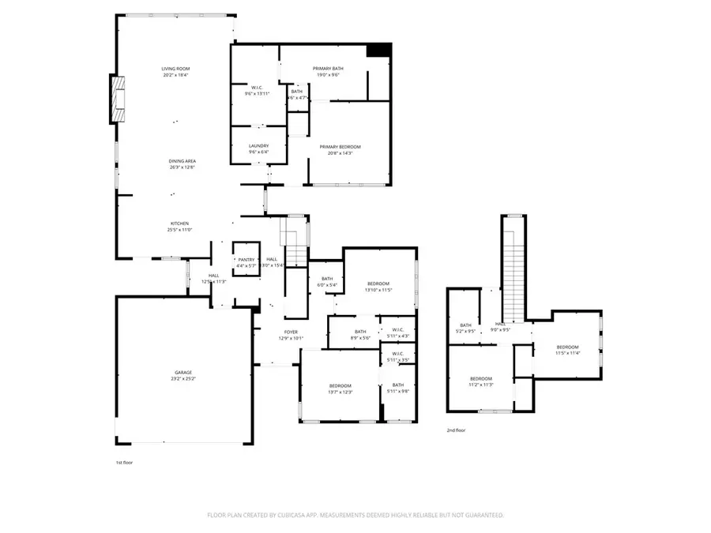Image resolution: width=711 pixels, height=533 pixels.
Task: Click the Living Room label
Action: [x=176, y=69]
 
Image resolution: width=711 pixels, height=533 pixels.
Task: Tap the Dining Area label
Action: [x=176, y=161]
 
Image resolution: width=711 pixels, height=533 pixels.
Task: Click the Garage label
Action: [x=183, y=372]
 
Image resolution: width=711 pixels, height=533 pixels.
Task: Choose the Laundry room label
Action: [x=258, y=145]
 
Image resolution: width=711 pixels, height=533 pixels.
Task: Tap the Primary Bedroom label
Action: [x=340, y=147]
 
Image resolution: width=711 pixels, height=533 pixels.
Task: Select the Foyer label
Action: [x=291, y=332]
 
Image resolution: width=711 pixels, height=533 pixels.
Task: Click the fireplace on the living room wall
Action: [x=117, y=99]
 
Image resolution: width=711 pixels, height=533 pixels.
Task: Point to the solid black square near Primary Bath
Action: [x=379, y=49]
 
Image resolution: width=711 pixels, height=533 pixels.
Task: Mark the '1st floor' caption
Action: [x=124, y=462]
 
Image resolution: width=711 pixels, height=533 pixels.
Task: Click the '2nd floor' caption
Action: [x=456, y=430]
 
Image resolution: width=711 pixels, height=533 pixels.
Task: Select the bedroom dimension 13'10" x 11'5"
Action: [x=378, y=290]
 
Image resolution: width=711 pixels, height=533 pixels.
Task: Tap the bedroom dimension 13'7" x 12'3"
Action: [x=340, y=392]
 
